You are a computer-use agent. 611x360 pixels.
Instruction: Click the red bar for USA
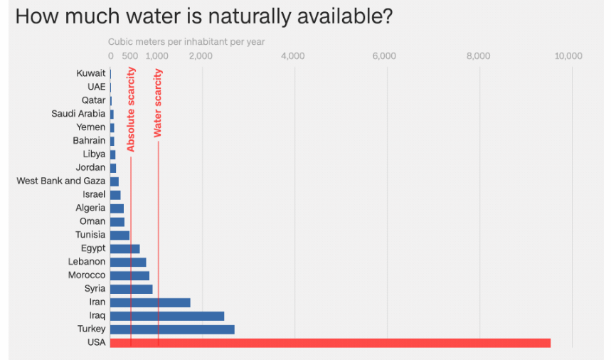tap(331, 343)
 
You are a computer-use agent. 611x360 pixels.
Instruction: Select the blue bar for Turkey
tap(172, 329)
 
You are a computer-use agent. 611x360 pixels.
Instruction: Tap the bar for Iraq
tap(167, 316)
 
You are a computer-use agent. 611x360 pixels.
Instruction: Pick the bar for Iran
tap(150, 302)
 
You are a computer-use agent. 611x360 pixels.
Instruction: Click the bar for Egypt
tap(125, 248)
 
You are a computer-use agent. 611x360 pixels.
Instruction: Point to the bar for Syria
tap(132, 289)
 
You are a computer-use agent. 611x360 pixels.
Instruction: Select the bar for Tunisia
tap(120, 235)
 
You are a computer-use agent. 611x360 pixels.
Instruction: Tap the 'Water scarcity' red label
tap(158, 102)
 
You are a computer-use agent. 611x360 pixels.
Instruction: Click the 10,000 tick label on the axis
tap(568, 56)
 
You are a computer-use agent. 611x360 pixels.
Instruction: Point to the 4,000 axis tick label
tap(293, 56)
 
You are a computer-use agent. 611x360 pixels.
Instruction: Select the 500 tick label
tap(130, 56)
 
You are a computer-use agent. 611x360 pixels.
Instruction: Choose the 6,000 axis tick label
tap(385, 56)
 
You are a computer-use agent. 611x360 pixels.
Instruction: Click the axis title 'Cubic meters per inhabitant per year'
tap(186, 42)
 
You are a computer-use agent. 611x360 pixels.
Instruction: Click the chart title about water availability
tap(203, 16)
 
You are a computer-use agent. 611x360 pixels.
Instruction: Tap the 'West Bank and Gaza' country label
tap(61, 181)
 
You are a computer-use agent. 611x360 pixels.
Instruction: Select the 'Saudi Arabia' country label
tap(78, 114)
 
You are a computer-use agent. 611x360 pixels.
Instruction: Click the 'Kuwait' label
tap(91, 73)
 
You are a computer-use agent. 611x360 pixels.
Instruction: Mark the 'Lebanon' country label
tap(87, 262)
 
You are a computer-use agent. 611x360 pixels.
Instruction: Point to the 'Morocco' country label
tap(87, 275)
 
